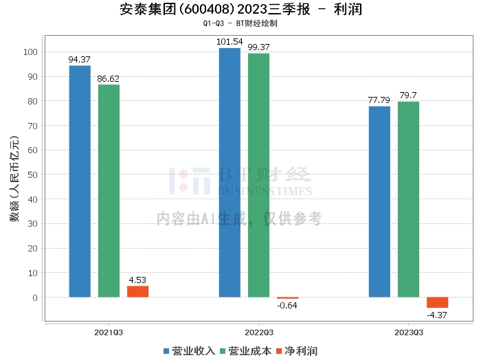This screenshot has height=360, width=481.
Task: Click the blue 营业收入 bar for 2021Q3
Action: tap(80, 181)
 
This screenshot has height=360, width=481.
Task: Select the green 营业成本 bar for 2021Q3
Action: tap(109, 191)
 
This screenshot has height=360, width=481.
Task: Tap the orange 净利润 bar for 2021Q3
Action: tap(137, 291)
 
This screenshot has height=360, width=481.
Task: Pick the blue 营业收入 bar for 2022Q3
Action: tap(230, 172)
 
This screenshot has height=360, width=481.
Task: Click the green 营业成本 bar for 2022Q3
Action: tap(258, 175)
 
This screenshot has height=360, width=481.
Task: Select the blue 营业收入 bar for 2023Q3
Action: tap(379, 202)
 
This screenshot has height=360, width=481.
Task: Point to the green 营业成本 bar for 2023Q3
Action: tap(408, 199)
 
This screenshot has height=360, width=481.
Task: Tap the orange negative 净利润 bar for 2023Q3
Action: tap(437, 302)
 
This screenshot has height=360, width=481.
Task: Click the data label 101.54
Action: tap(230, 43)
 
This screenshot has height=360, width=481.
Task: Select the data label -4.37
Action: tap(437, 315)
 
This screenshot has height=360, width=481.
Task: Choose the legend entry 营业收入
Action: tap(189, 351)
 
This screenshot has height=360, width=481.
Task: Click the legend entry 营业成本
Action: tap(244, 351)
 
